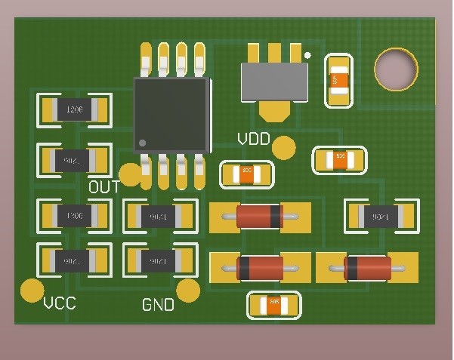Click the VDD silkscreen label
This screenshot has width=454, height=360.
point(254,140)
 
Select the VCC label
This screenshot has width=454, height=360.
point(60,303)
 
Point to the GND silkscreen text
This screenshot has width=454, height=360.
point(158,305)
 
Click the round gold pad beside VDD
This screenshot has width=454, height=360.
point(284,148)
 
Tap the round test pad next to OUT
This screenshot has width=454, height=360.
point(131,174)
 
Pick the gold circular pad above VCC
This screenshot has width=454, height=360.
point(32,289)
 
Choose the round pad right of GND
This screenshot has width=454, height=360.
point(188,290)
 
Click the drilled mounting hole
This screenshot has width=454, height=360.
point(395,69)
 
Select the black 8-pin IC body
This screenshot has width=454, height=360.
point(171,115)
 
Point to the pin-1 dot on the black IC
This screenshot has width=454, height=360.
point(142,143)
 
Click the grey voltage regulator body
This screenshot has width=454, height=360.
point(274,82)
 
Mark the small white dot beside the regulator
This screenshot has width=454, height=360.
point(307,55)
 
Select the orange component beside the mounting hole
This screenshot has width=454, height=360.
point(338,80)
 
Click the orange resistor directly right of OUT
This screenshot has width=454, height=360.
point(246,175)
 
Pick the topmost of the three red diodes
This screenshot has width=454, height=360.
point(260,216)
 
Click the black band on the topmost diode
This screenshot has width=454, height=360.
point(276,216)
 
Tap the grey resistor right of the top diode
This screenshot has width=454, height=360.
point(381,217)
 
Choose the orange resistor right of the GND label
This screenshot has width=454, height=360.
point(274,305)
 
